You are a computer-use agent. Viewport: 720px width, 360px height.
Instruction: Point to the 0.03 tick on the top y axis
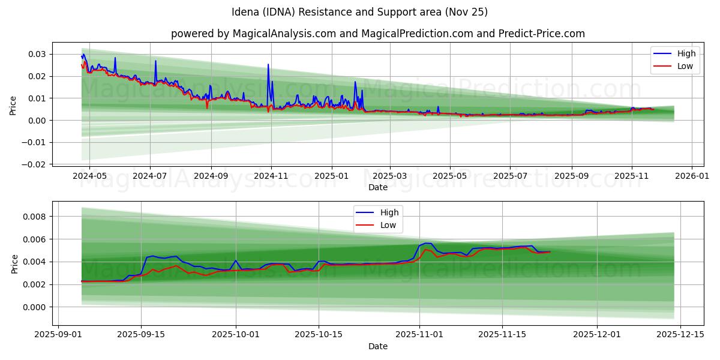37,54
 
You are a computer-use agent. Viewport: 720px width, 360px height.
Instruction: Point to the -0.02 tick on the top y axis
35,164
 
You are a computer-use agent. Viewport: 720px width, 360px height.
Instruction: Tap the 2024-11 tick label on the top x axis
271,177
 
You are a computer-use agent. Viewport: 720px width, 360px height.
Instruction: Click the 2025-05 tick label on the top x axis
450,177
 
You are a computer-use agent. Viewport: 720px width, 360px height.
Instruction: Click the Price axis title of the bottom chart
14,263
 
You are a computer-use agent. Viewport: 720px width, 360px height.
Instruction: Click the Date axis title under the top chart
377,187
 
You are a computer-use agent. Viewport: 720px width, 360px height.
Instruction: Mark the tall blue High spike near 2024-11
268,65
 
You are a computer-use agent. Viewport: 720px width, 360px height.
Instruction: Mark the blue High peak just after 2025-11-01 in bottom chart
426,243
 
